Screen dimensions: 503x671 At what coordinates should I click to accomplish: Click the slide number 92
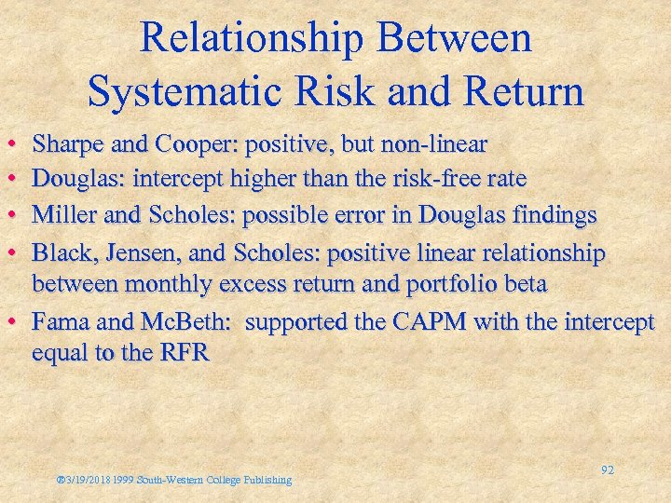pyautogui.click(x=607, y=470)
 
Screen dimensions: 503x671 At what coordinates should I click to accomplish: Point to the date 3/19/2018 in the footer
pyautogui.click(x=88, y=480)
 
